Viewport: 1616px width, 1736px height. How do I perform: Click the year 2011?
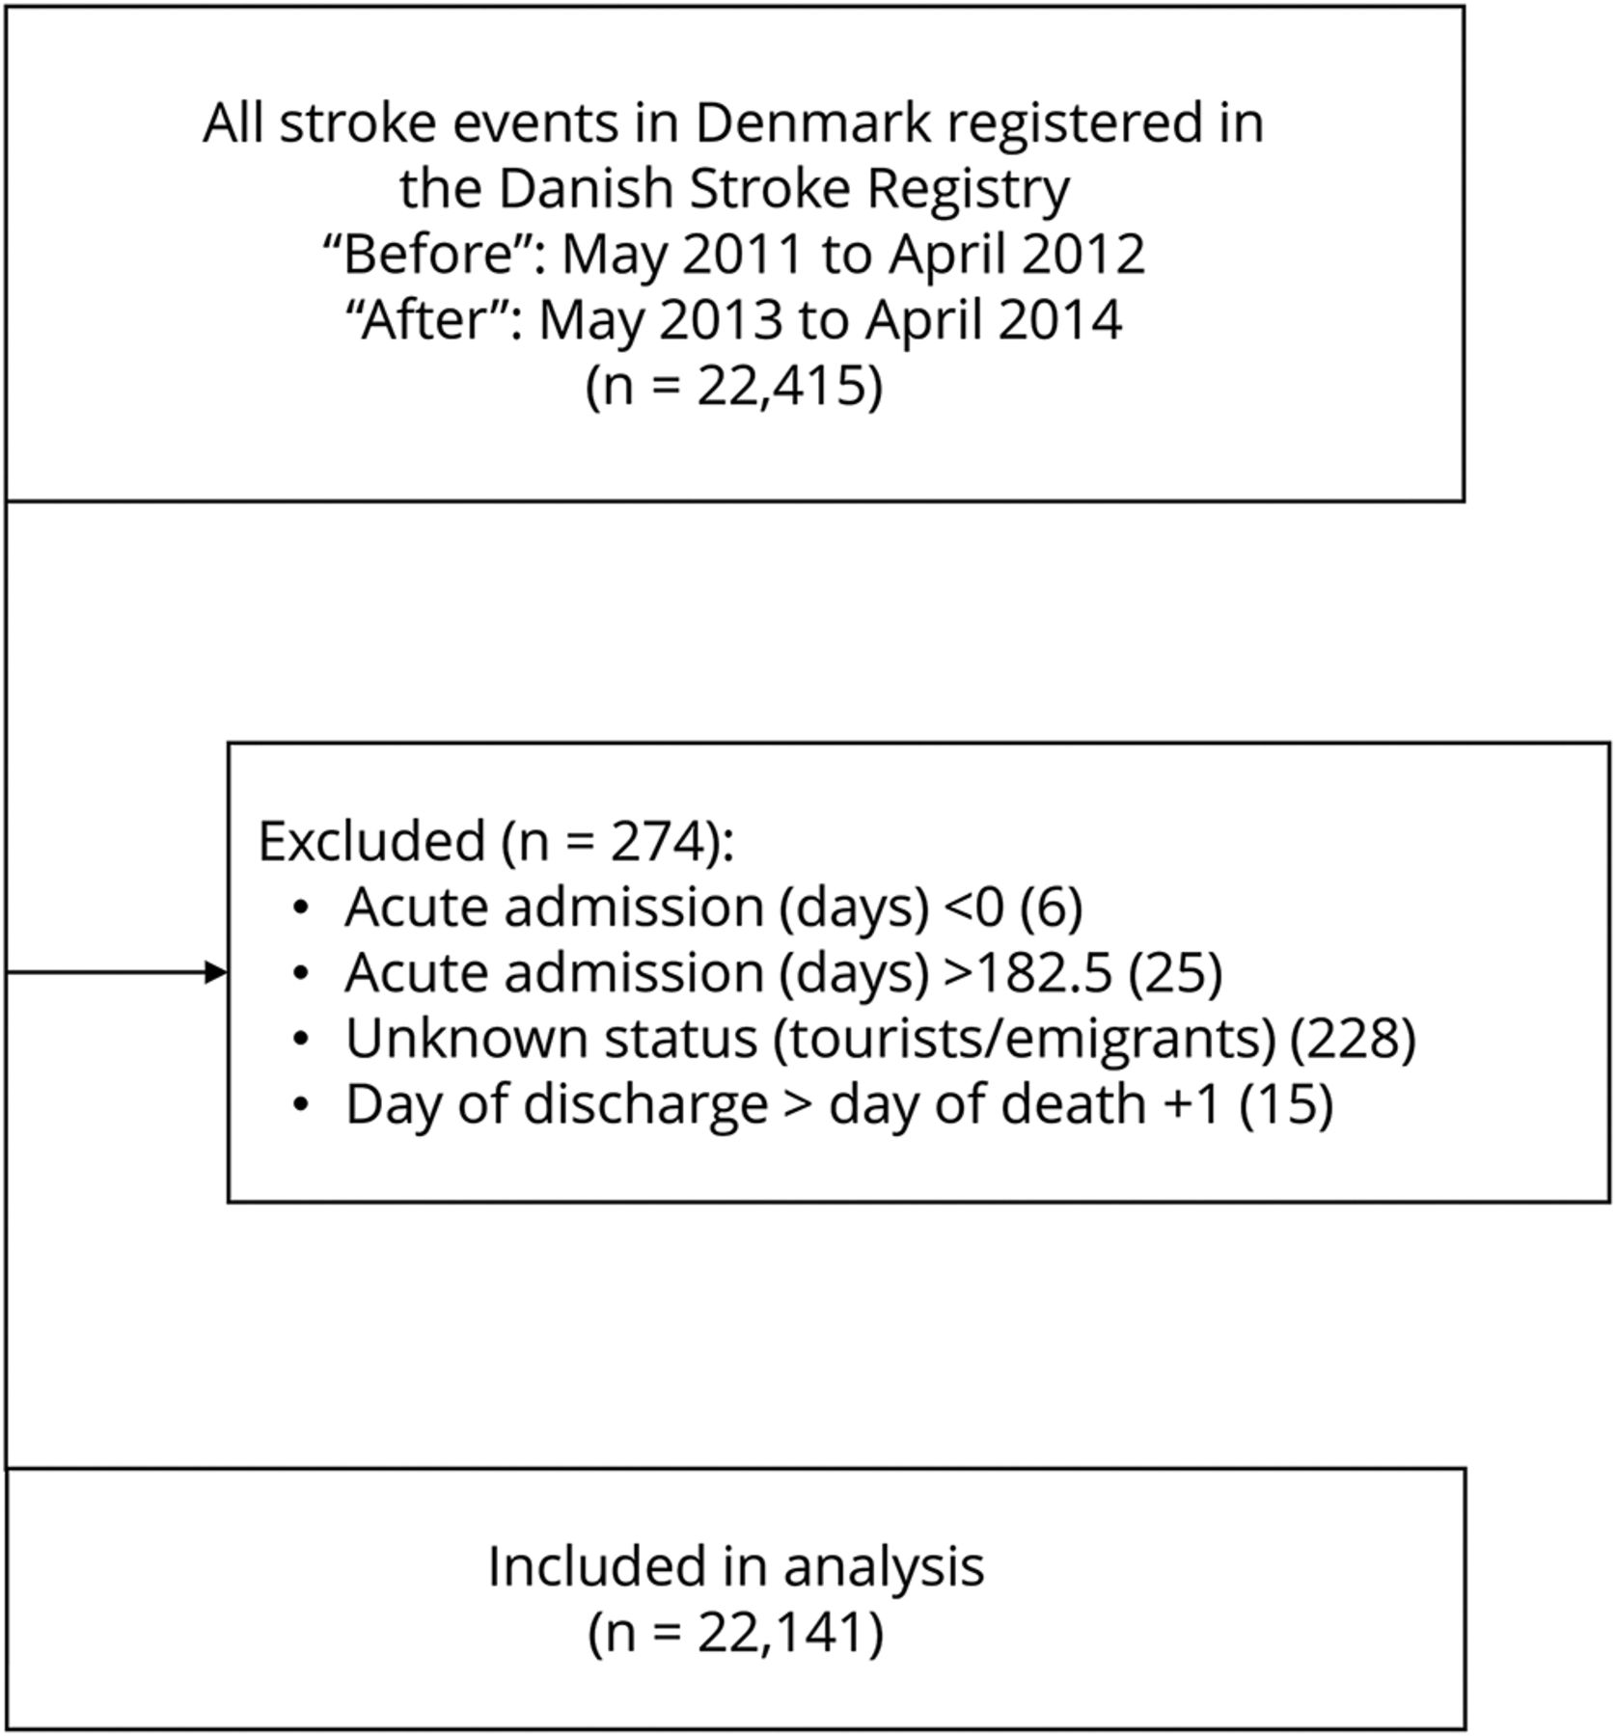[x=743, y=255]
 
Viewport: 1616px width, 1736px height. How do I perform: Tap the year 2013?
[x=720, y=320]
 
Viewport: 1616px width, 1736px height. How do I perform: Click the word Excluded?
[x=371, y=841]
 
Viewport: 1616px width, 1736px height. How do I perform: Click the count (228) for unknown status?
[x=1353, y=1039]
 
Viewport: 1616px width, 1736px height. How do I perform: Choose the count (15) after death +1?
[x=1286, y=1104]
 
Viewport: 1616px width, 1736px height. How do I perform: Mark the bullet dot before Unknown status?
[x=302, y=1039]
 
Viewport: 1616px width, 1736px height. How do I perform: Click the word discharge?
[x=645, y=1104]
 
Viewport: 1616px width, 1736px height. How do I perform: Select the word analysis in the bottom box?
[x=884, y=1567]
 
